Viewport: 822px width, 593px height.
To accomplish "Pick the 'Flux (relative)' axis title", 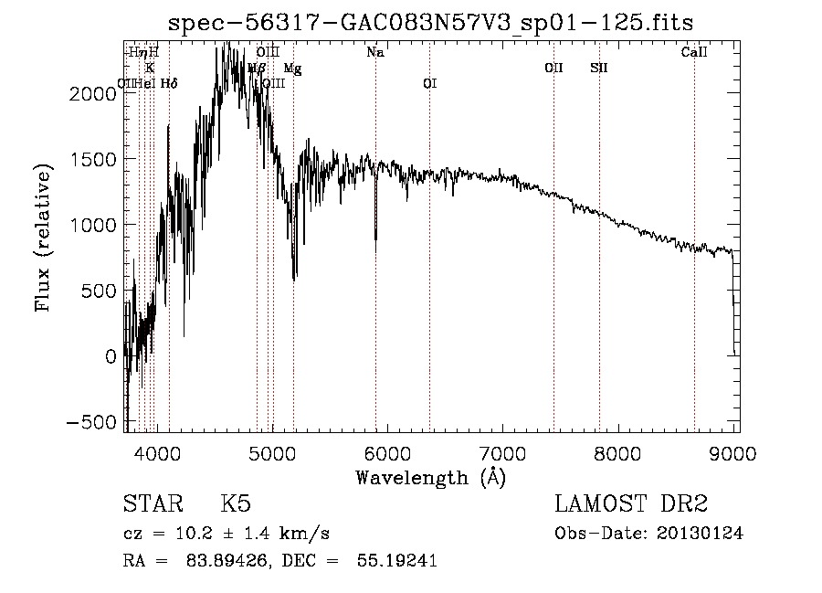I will [x=44, y=237].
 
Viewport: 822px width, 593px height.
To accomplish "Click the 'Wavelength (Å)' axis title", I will [x=430, y=477].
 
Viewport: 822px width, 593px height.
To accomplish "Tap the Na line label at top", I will [x=375, y=53].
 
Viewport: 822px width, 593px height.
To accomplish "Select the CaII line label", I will [x=694, y=53].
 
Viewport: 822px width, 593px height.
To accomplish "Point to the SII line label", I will [x=599, y=69].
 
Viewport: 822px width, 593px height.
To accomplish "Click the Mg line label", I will [x=292, y=69].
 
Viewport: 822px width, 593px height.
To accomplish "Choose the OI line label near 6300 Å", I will [x=429, y=84].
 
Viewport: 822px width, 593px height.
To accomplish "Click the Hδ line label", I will [x=169, y=84].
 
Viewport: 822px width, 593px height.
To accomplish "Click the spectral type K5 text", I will [x=236, y=505].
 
